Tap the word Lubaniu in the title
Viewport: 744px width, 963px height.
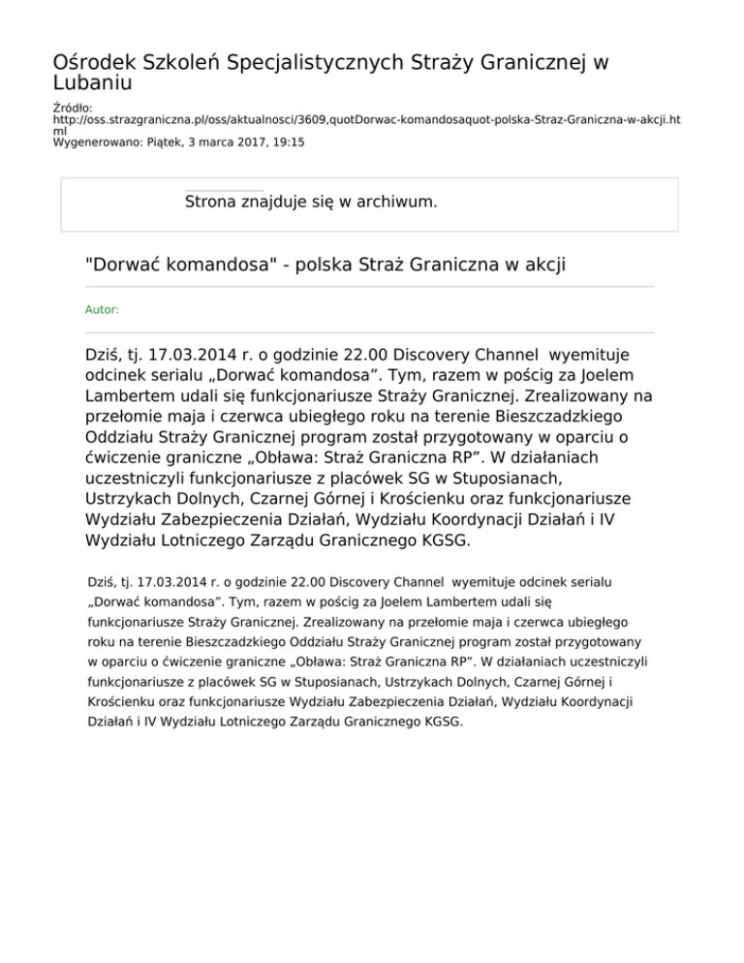[x=92, y=84]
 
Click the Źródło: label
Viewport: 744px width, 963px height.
[x=73, y=108]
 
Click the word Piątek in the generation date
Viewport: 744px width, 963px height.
[x=160, y=141]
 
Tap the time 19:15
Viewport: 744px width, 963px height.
[x=288, y=141]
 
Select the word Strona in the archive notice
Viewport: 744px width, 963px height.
[x=214, y=202]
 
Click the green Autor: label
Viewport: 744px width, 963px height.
[x=103, y=310]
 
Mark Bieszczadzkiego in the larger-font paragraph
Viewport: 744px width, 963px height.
[x=564, y=417]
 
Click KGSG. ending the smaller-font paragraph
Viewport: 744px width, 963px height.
[x=445, y=722]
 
